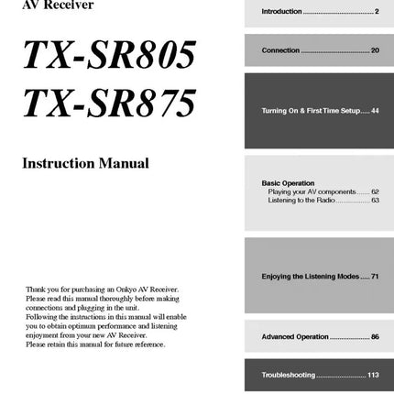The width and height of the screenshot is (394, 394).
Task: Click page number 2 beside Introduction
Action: [x=376, y=12]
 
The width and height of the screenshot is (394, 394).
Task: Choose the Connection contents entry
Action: [x=280, y=50]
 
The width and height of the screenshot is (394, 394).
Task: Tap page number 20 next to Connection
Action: [x=374, y=50]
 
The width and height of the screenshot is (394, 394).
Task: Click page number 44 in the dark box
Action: [x=374, y=111]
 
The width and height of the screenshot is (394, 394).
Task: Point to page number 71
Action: [x=374, y=275]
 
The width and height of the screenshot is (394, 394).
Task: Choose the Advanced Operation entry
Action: [x=294, y=337]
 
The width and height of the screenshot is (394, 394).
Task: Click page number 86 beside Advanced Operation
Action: [x=374, y=337]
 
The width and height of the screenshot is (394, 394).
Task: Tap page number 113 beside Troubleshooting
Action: [x=372, y=375]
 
